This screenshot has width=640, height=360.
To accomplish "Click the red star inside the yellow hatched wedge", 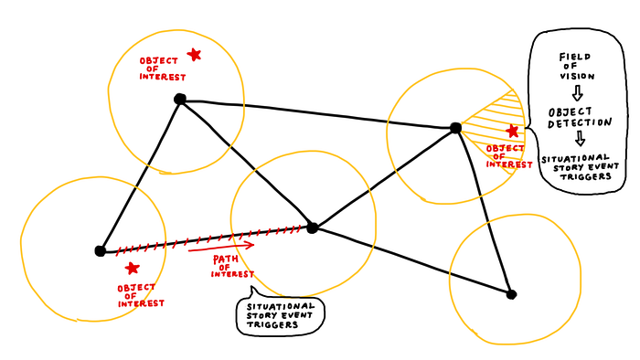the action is pyautogui.click(x=512, y=131).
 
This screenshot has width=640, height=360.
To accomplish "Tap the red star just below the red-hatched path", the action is pyautogui.click(x=132, y=268).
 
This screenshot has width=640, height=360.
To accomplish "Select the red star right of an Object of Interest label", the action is pyautogui.click(x=194, y=54).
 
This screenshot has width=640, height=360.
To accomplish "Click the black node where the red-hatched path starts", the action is pyautogui.click(x=100, y=250).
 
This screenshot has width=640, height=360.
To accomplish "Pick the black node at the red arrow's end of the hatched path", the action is pyautogui.click(x=313, y=228).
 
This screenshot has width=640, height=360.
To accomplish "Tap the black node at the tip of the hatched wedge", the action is pyautogui.click(x=456, y=128).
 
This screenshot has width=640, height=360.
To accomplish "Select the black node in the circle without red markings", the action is pyautogui.click(x=511, y=294).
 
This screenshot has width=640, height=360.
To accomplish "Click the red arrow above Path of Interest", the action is pyautogui.click(x=221, y=247).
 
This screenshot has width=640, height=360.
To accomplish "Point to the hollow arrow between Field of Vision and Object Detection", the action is pyautogui.click(x=577, y=93).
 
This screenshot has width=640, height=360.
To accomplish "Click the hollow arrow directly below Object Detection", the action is pyautogui.click(x=580, y=139).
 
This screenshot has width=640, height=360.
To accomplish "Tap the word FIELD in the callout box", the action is pyautogui.click(x=575, y=57).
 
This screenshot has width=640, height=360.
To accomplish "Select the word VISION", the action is pyautogui.click(x=577, y=76).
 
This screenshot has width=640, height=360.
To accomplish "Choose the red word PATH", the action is pyautogui.click(x=226, y=259).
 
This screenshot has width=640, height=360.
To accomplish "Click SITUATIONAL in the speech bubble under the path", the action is pyautogui.click(x=281, y=306).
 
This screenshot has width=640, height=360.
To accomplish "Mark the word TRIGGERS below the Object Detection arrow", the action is pyautogui.click(x=586, y=176).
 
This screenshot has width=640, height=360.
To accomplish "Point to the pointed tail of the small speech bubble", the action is pyautogui.click(x=251, y=287).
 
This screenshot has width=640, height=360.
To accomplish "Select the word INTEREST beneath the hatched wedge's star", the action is pyautogui.click(x=509, y=164).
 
